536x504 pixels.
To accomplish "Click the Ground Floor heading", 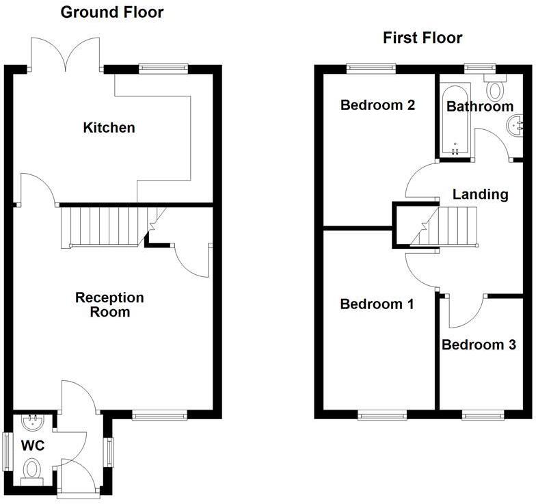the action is tap(112, 12).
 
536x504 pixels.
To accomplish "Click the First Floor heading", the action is tap(423, 38).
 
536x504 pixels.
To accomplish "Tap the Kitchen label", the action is tap(109, 127).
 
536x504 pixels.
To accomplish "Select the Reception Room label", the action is tap(109, 305).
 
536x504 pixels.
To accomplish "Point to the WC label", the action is tap(33, 446).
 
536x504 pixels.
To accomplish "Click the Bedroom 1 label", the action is tap(377, 304).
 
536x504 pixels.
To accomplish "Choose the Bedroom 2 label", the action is tap(377, 105).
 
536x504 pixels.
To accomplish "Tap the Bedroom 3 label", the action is tap(479, 345).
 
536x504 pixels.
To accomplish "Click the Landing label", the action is tap(480, 194).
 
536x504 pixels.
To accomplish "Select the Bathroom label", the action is tap(480, 107).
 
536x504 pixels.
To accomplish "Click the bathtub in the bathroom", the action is tap(455, 120).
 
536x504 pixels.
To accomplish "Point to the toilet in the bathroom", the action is tap(495, 86).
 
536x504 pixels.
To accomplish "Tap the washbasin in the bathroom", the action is tap(514, 126).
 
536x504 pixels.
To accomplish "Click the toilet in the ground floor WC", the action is tap(32, 472).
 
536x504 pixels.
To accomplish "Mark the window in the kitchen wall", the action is tap(163, 68).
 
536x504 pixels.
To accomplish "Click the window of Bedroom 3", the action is tap(483, 414).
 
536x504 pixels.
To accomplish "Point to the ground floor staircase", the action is tap(109, 227).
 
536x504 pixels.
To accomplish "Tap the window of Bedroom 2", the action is tap(371, 68).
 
